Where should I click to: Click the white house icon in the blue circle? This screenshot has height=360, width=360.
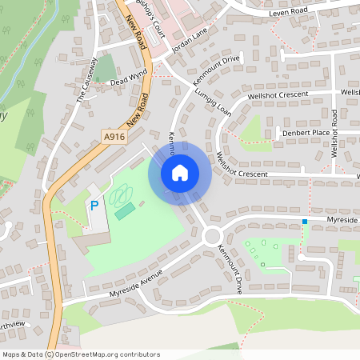[x=180, y=172]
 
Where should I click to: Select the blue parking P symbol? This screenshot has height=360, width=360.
[x=94, y=206]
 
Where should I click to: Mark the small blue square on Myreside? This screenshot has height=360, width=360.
[x=304, y=221]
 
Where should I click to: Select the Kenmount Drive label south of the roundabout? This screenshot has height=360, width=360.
[x=233, y=269]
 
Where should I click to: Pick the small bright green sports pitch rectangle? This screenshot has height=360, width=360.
[x=124, y=211]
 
